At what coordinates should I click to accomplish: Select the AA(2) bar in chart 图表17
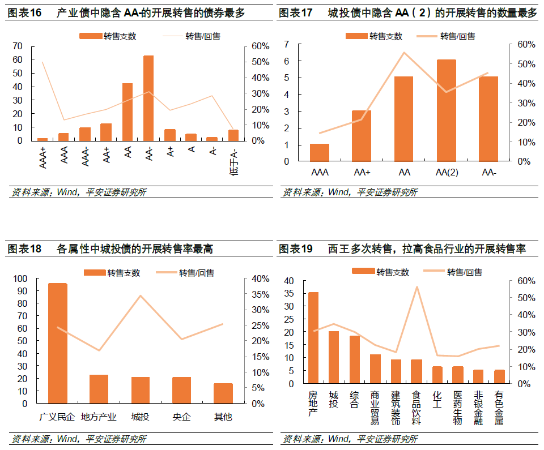click(x=446, y=110)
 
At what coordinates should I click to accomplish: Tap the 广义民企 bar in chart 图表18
click(x=57, y=343)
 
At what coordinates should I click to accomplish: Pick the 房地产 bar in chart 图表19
click(x=313, y=338)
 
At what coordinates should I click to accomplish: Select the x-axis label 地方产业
click(x=99, y=417)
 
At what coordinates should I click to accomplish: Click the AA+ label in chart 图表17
click(x=362, y=173)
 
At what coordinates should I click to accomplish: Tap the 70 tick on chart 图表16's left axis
click(x=18, y=46)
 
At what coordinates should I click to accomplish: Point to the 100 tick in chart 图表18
click(x=20, y=278)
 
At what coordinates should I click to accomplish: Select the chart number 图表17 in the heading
click(x=296, y=13)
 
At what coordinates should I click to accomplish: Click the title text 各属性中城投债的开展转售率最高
click(x=135, y=249)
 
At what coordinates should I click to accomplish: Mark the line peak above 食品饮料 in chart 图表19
click(x=417, y=287)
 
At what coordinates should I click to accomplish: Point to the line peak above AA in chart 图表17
click(x=404, y=53)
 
